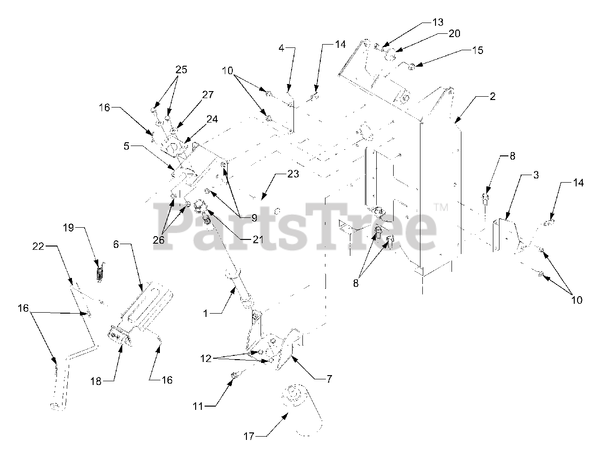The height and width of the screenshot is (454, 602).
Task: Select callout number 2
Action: (x=492, y=97)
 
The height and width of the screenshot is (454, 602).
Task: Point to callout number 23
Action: (x=293, y=174)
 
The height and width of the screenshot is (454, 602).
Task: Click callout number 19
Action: (x=69, y=228)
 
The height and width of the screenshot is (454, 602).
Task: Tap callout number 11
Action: (x=198, y=406)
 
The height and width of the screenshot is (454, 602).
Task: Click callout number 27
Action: (x=208, y=94)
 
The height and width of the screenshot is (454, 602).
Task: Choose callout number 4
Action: (x=281, y=47)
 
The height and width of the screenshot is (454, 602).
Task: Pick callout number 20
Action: (x=454, y=33)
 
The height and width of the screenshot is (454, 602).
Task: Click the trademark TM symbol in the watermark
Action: (x=440, y=207)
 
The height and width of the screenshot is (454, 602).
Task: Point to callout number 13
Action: (x=437, y=22)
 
